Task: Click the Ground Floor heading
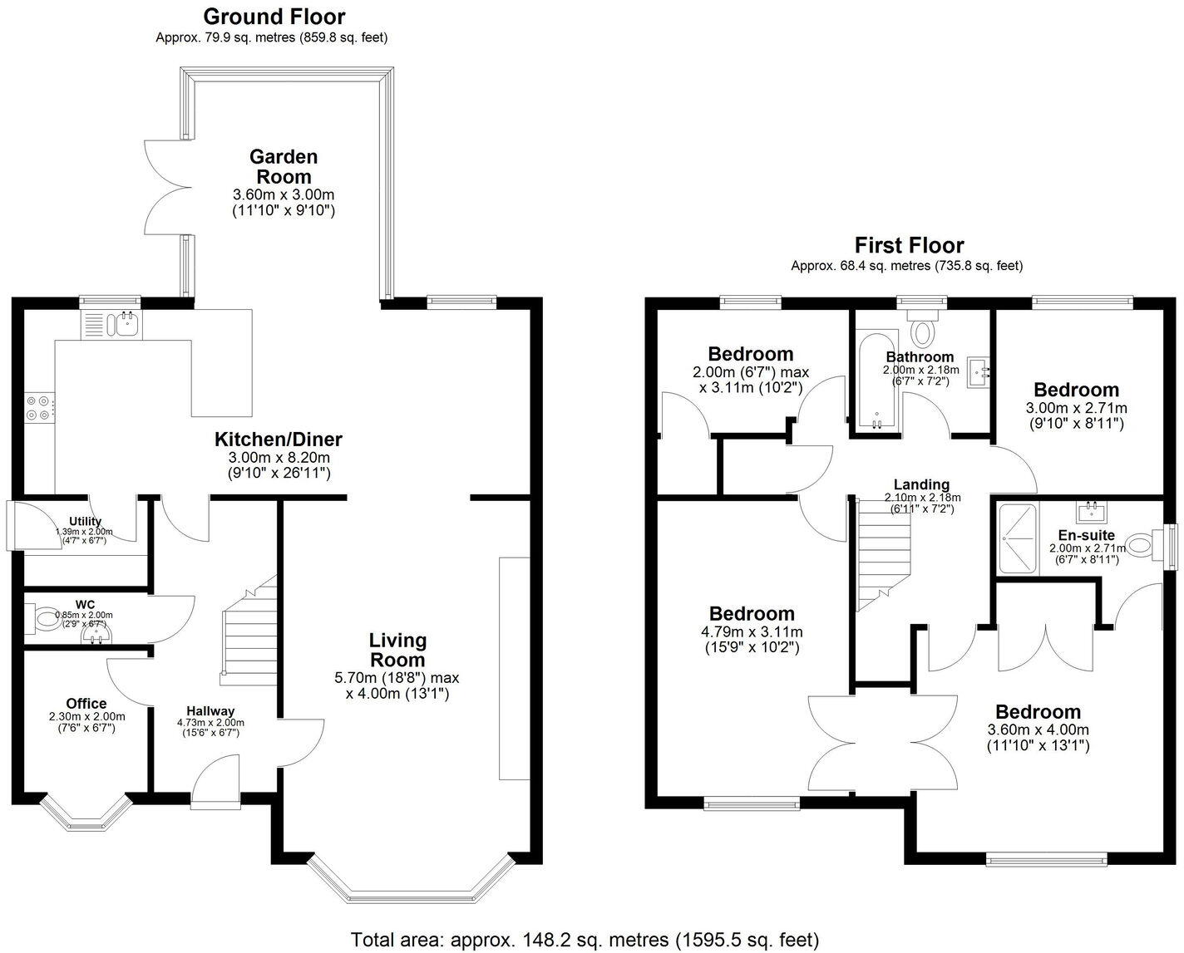[x=274, y=16]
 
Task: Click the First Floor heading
[x=909, y=245]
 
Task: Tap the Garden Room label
[x=284, y=166]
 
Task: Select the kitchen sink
[x=127, y=324]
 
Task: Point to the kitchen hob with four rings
[x=39, y=407]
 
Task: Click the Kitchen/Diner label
[x=278, y=440]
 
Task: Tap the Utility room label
[x=85, y=522]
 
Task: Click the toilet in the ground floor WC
[x=42, y=619]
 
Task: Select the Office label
[x=86, y=704]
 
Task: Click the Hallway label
[x=210, y=711]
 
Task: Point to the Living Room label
[x=397, y=650]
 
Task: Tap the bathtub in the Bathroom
[x=877, y=382]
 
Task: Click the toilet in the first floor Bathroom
[x=921, y=329]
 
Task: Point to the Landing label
[x=921, y=484]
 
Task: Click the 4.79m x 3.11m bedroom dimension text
[x=751, y=631]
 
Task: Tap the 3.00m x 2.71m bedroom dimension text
[x=1076, y=408]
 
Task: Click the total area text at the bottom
[x=585, y=940]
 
